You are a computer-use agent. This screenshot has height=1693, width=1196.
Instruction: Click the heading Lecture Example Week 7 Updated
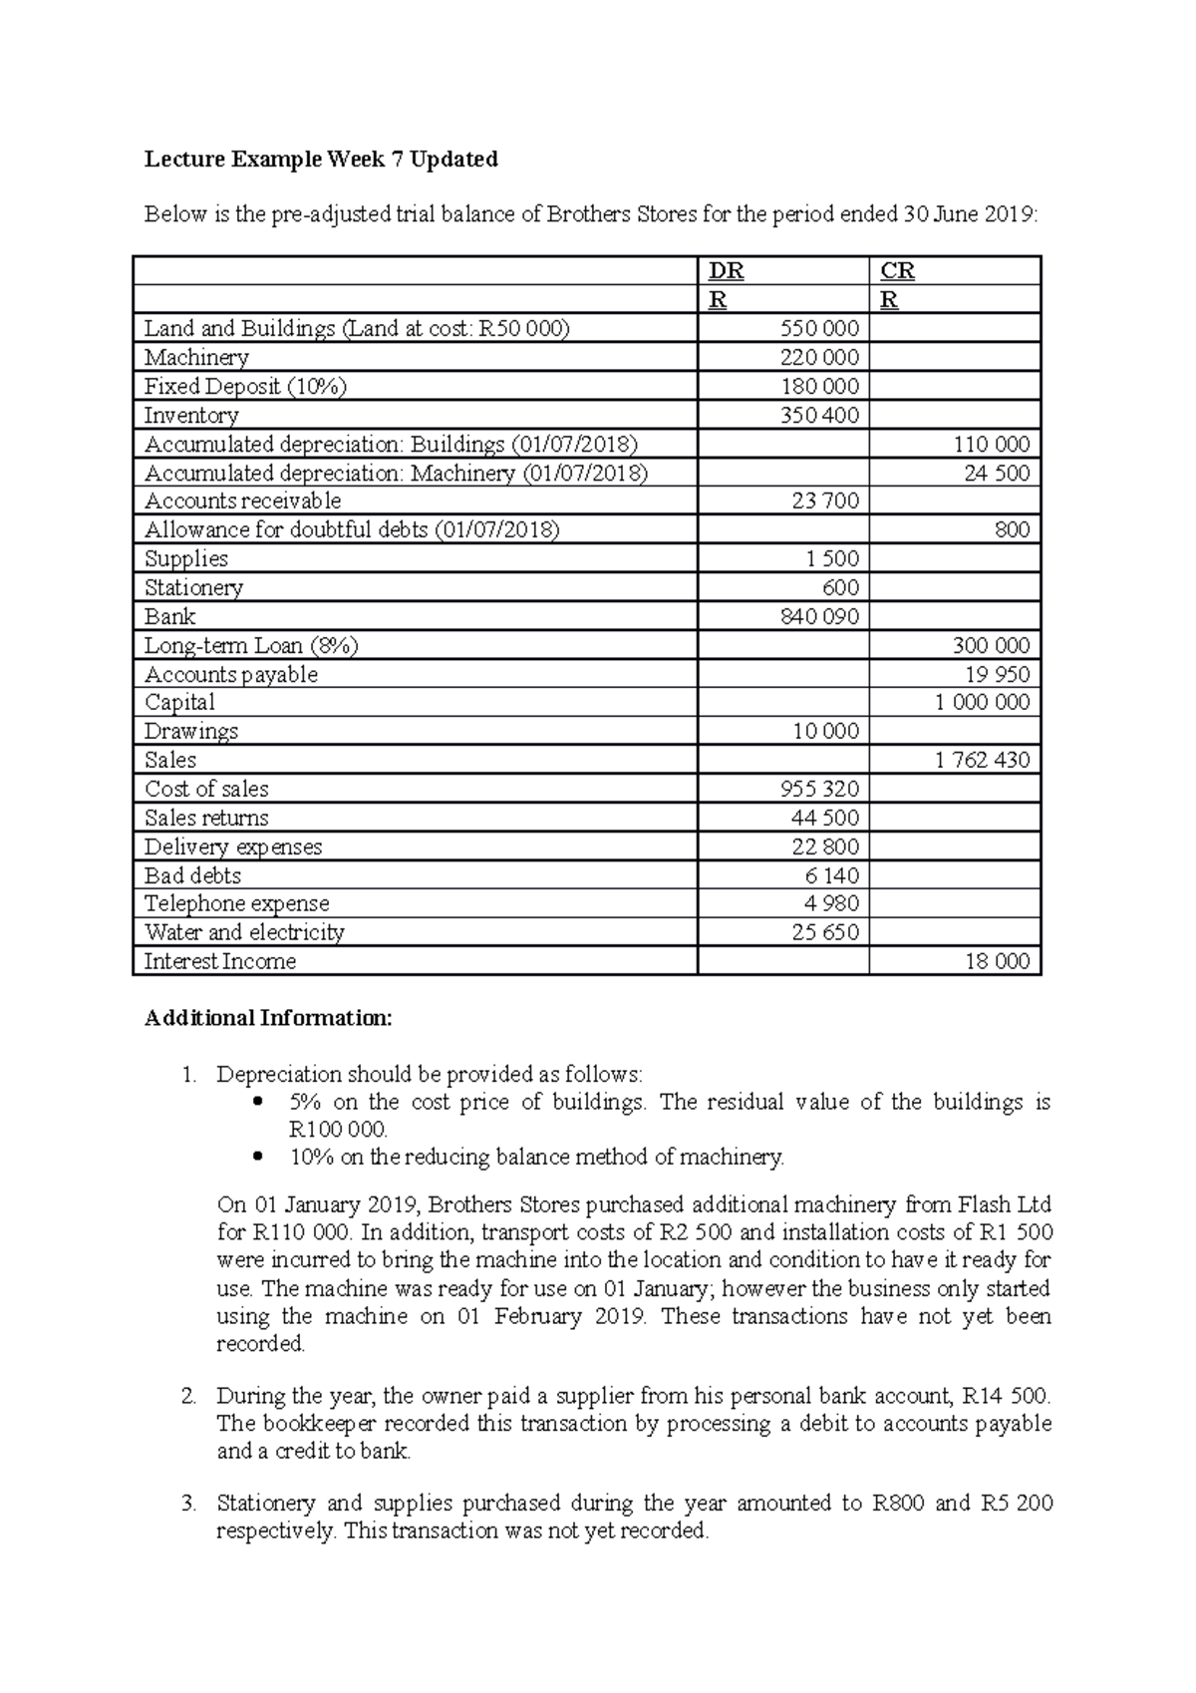coord(321,159)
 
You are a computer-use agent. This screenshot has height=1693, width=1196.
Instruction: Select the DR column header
coord(726,271)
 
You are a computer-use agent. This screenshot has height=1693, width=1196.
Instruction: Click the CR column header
coord(898,271)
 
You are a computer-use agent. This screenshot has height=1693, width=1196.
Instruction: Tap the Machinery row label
coord(196,358)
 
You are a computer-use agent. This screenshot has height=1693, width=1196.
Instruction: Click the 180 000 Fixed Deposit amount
coord(819,387)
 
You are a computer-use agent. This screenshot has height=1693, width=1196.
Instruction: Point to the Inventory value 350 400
coord(819,416)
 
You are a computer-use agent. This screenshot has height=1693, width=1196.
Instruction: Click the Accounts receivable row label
coord(242,502)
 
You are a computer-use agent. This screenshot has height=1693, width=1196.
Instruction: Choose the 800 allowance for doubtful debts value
coord(1012,530)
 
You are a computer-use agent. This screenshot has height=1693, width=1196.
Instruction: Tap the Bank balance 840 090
coord(819,617)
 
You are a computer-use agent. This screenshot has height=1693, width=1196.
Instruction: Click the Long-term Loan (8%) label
coord(251,646)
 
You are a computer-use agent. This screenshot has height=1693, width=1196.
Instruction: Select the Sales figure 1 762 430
coord(982,761)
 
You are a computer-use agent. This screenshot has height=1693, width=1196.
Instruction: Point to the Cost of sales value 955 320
coord(819,790)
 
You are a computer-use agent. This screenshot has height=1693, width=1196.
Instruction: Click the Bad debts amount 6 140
coord(831,876)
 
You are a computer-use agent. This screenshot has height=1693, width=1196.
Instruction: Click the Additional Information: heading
coord(268,1018)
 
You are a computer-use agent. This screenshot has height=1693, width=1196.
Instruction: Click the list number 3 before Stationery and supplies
coord(188,1504)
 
